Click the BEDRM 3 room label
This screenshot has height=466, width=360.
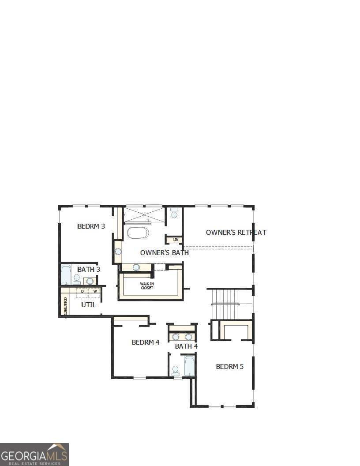(x=91, y=226)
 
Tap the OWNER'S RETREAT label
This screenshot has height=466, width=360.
(x=236, y=232)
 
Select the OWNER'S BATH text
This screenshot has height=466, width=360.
(x=164, y=253)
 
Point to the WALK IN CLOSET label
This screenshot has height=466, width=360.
(x=147, y=286)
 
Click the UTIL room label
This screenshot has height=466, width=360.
(x=88, y=304)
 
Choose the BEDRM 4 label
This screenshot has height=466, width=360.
(x=145, y=342)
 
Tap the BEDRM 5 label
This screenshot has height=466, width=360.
(x=229, y=366)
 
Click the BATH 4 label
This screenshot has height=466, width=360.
(x=186, y=346)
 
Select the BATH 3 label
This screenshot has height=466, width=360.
(x=89, y=269)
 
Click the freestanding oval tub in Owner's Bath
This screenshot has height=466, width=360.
(x=138, y=233)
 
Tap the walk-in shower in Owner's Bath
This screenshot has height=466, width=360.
(x=144, y=215)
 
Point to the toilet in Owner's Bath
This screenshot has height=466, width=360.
(x=174, y=214)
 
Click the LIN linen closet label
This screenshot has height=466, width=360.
(x=176, y=240)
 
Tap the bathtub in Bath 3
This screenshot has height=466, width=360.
(x=66, y=274)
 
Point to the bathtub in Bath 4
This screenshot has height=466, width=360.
(x=189, y=366)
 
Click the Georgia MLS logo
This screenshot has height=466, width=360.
(x=34, y=454)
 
